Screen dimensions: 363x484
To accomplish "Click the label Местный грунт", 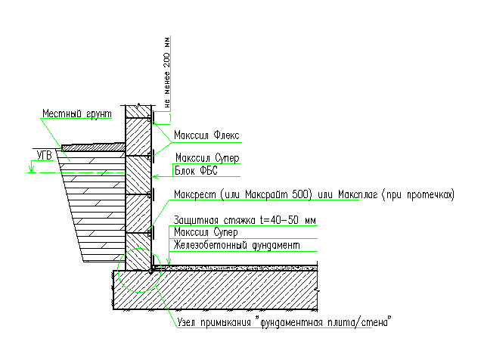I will click(76, 113).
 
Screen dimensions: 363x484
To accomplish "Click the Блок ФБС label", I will click(196, 172).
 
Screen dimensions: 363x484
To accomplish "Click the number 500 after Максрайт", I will click(300, 195).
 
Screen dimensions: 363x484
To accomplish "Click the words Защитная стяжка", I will click(214, 220).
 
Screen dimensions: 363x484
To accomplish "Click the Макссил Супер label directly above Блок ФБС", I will click(207, 160).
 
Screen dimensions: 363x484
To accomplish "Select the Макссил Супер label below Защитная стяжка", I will click(206, 232).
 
